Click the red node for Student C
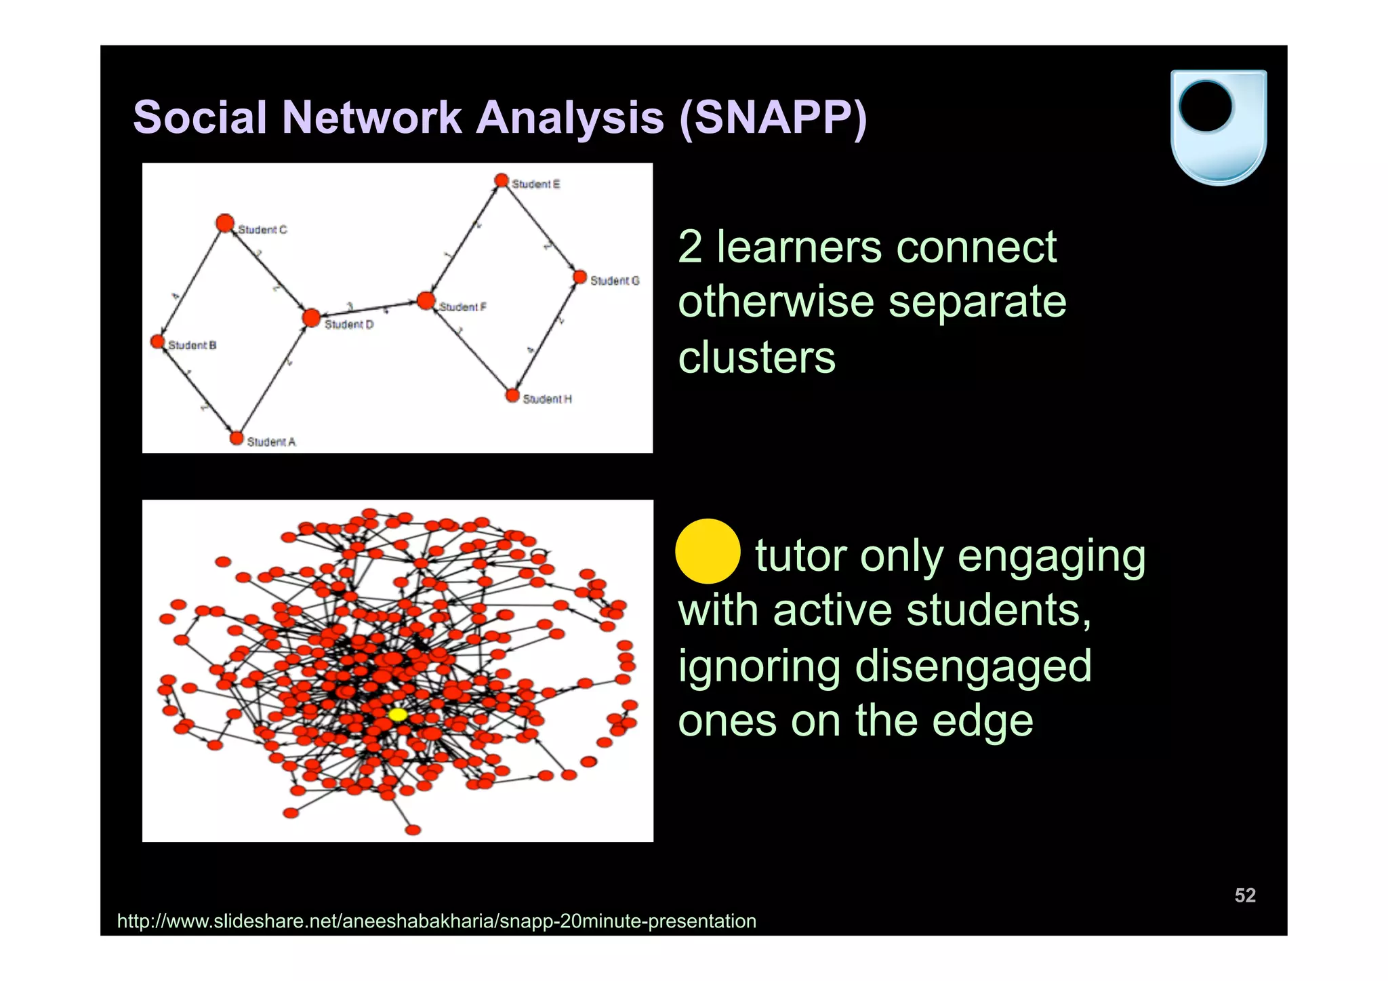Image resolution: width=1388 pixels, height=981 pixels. [225, 223]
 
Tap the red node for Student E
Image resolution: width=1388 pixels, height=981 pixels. [501, 180]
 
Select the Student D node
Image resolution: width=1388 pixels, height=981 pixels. [311, 317]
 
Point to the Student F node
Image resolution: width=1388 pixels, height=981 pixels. [426, 300]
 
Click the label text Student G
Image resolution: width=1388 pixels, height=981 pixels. [614, 281]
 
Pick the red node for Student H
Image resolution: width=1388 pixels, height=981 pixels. [512, 395]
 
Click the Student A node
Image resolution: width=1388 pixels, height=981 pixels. [236, 439]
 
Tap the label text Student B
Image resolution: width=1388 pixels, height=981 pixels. [192, 345]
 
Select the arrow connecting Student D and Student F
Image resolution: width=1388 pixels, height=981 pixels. [368, 309]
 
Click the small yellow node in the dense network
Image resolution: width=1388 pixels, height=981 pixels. [398, 715]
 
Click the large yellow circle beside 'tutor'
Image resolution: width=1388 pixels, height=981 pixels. [708, 551]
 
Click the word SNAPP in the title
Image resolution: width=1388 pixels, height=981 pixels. [772, 117]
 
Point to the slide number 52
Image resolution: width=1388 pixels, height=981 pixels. [1244, 895]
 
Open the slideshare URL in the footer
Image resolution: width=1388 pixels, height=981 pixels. [436, 921]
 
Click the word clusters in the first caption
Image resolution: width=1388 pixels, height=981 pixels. [756, 357]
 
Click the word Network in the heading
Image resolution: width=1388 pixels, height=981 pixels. [372, 117]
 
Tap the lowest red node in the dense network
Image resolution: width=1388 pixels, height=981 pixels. [413, 830]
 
